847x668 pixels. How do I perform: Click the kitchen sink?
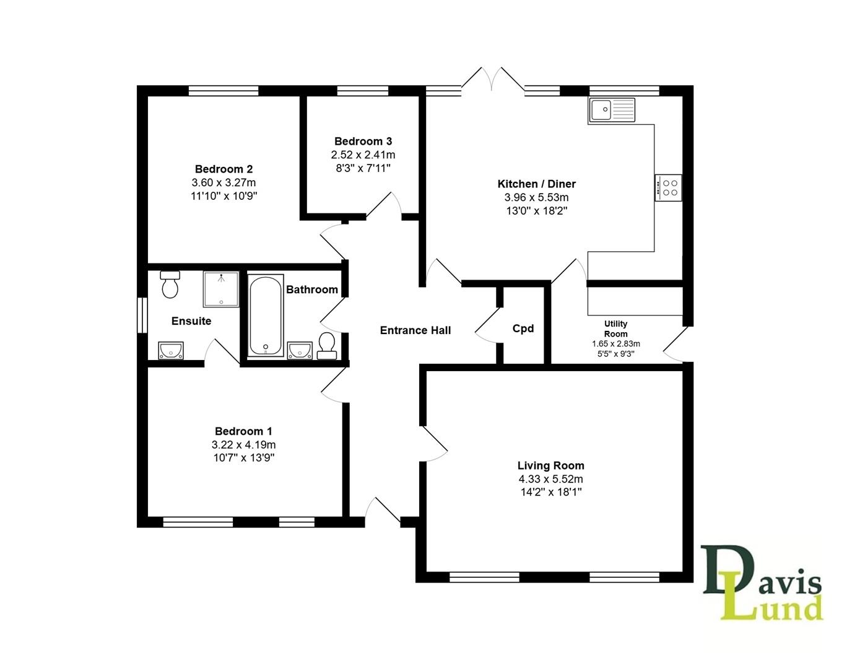point(612,110)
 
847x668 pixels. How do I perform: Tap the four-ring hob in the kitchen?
point(669,187)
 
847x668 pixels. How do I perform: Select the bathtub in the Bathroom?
point(266,315)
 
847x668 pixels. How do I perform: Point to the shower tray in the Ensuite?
point(221,289)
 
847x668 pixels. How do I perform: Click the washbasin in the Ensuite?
point(170,351)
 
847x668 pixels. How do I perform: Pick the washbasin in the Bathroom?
point(300,350)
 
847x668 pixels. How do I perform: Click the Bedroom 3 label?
point(363,142)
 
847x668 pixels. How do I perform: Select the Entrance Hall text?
point(415,330)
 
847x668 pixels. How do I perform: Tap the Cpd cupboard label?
point(523,329)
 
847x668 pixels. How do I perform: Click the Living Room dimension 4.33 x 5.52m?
point(550,479)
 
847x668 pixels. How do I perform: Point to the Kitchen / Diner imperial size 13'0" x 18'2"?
point(536,211)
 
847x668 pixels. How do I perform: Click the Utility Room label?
point(615,328)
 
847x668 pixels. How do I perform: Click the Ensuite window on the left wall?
point(142,315)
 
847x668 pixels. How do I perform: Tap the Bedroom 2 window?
point(224,91)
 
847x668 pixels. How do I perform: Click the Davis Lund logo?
point(763,583)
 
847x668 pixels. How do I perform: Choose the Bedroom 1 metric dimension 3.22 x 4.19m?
point(243,445)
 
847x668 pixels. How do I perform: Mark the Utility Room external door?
point(677,345)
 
